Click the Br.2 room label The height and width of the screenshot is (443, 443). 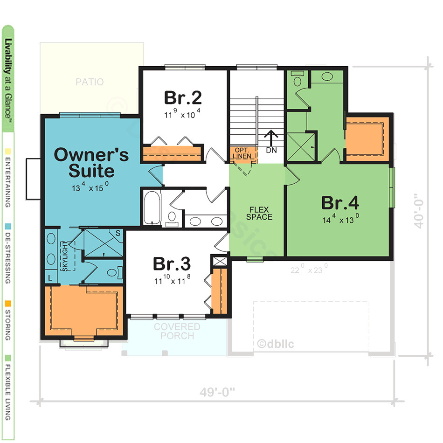click(x=183, y=98)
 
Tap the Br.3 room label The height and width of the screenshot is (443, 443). click(x=172, y=264)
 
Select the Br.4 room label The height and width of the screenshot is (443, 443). click(x=340, y=203)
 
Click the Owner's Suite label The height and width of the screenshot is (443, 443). click(x=91, y=162)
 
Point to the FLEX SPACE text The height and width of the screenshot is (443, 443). click(x=259, y=213)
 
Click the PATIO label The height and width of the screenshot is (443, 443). click(x=90, y=83)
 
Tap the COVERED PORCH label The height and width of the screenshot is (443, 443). click(x=177, y=331)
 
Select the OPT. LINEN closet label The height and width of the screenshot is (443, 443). click(x=243, y=153)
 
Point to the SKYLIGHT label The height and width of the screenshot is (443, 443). click(x=65, y=256)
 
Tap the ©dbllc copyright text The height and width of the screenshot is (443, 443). click(x=276, y=344)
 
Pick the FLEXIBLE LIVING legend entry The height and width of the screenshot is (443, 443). click(x=8, y=387)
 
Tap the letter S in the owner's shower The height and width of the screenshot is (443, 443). click(x=118, y=232)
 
